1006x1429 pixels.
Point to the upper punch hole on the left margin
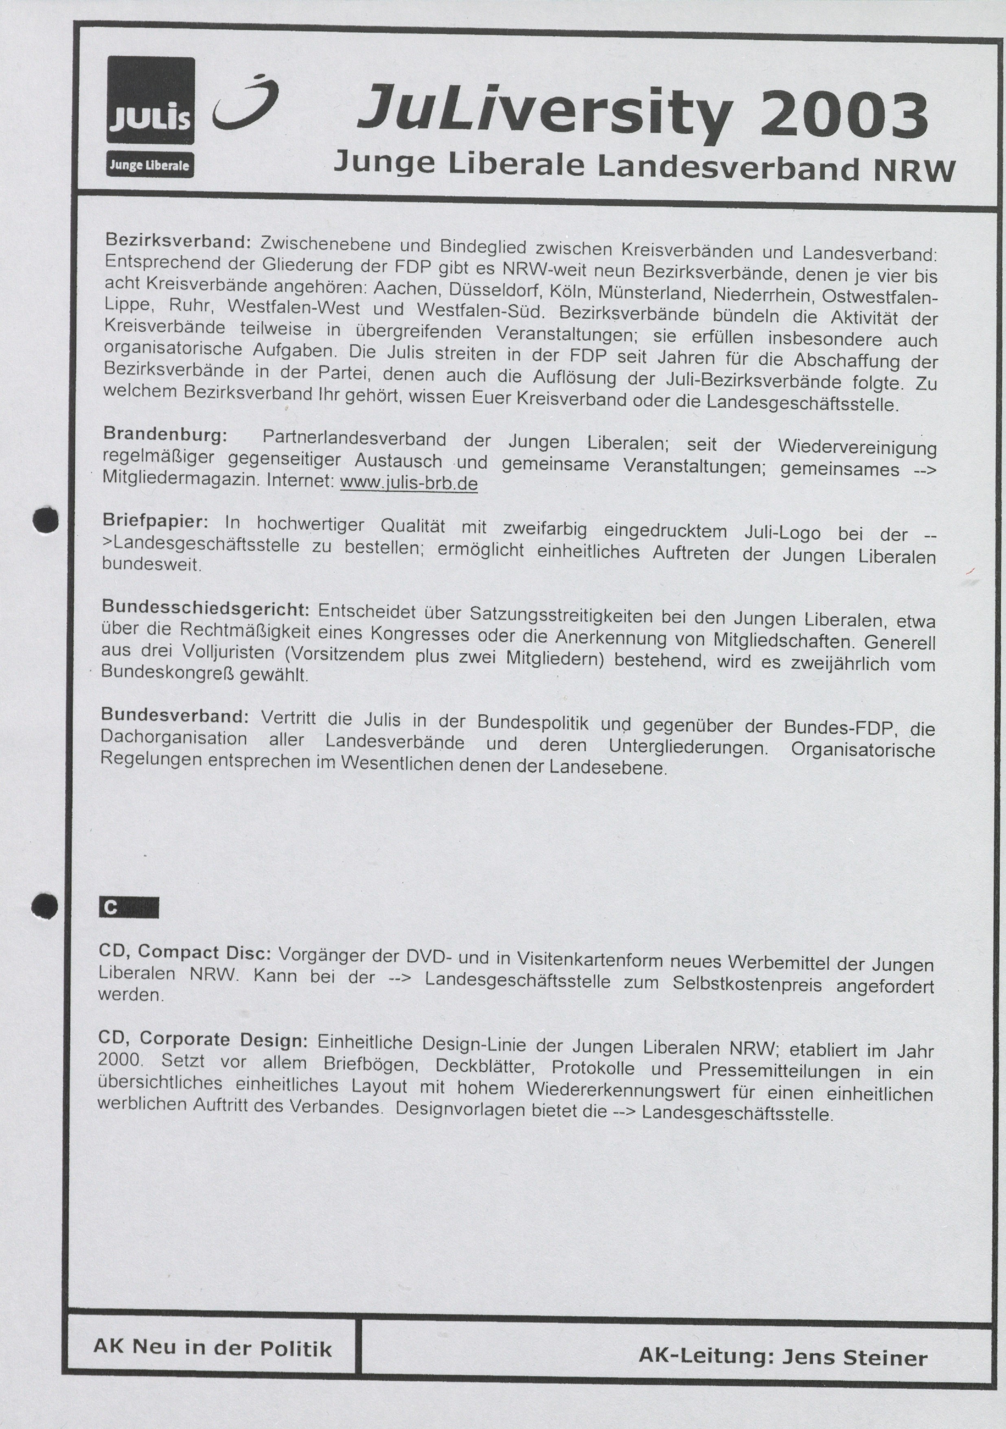tap(46, 520)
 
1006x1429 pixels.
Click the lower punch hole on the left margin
tap(44, 906)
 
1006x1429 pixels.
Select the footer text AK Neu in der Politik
tap(212, 1348)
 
